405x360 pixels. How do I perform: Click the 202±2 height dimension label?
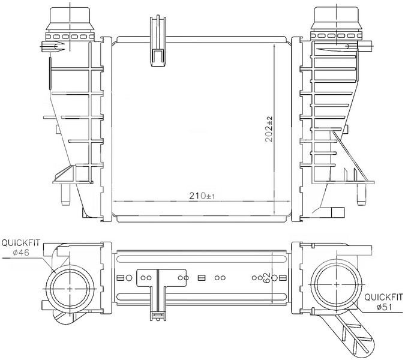pos(269,129)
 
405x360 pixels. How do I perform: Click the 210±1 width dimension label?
pos(202,196)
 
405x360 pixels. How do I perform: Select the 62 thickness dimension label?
pos(267,278)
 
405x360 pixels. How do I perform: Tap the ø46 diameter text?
pos(21,253)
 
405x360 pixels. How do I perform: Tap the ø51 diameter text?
pos(385,307)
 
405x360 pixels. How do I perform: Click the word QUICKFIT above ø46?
pos(21,243)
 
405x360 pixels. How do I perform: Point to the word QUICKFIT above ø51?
pos(383,297)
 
